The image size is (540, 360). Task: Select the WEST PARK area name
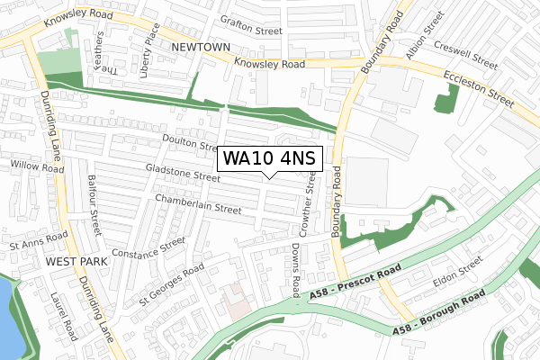coord(76,261)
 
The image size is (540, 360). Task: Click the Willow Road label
coord(37,166)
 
